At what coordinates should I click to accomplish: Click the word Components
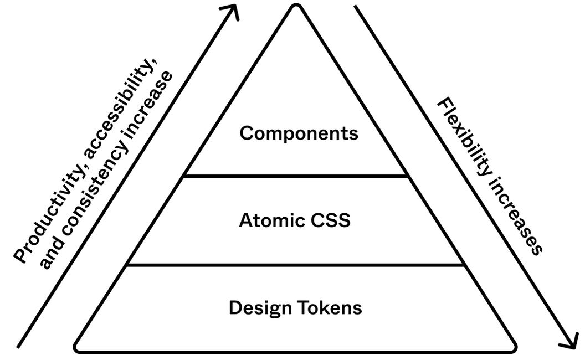(299, 133)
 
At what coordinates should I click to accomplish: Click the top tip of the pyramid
(296, 8)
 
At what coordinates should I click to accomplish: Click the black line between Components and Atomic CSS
(296, 176)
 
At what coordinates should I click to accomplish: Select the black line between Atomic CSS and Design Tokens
(296, 265)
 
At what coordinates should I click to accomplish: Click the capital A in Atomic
(245, 220)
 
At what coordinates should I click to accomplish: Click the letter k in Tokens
(324, 307)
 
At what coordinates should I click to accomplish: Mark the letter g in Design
(274, 310)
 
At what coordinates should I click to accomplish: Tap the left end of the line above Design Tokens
(129, 265)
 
